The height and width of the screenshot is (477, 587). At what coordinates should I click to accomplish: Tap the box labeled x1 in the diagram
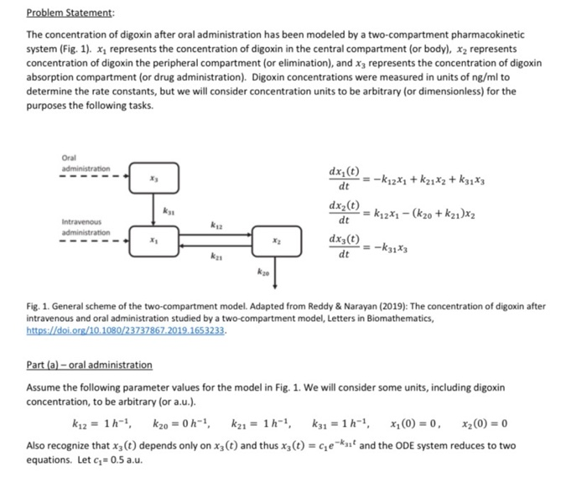click(153, 239)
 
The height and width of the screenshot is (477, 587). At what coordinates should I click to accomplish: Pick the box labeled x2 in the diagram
click(276, 239)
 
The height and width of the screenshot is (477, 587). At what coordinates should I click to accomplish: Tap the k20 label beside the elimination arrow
click(262, 272)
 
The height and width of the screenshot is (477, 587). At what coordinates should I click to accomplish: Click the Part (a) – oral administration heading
click(90, 365)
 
